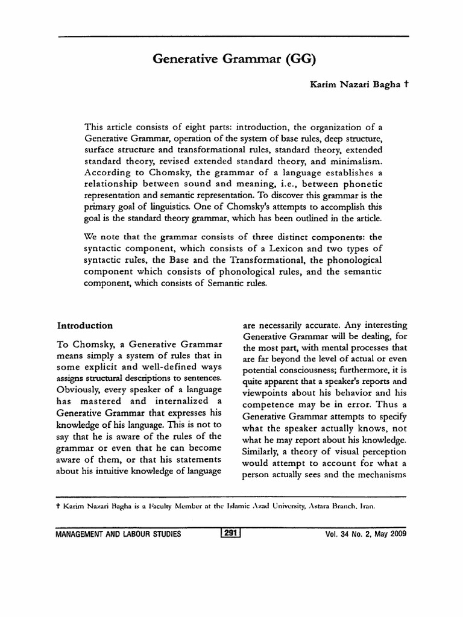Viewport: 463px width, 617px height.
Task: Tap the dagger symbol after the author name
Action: tap(407, 86)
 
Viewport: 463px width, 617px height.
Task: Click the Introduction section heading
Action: tap(85, 325)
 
